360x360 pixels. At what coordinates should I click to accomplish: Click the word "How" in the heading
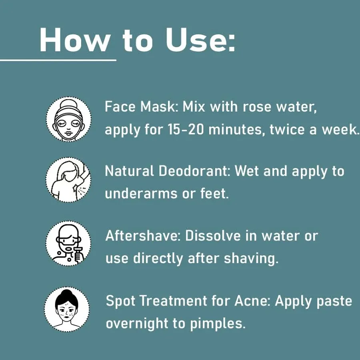74,40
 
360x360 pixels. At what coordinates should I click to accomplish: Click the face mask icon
69,119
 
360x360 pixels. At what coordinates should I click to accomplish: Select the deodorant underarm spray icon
68,180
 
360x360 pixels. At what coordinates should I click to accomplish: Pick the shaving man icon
68,243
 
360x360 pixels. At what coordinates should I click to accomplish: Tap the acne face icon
67,309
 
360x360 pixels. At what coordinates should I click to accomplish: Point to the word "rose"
257,107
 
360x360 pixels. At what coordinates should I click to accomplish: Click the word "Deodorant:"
194,171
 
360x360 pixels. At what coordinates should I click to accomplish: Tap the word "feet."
215,193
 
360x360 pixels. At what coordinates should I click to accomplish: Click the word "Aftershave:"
143,236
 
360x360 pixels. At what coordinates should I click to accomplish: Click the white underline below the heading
58,60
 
